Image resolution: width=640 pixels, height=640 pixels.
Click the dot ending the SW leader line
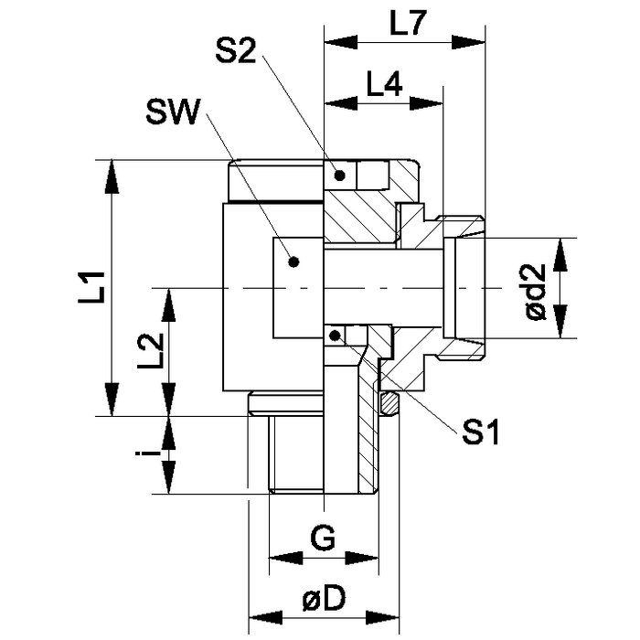pos(293,261)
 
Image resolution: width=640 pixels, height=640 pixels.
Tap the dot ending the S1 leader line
pos(339,335)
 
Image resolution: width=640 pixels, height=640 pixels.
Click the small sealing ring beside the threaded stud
pos(390,402)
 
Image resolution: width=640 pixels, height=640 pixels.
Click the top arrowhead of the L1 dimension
pos(112,170)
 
